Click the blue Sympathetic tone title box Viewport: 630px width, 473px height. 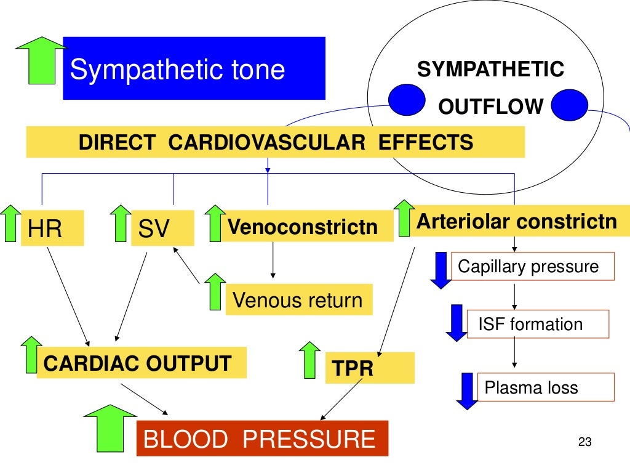(x=194, y=68)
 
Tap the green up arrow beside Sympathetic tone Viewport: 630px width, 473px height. (x=41, y=60)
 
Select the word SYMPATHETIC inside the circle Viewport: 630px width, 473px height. (x=490, y=70)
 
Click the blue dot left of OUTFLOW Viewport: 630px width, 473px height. (x=406, y=100)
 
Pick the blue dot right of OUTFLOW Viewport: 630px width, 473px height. (x=570, y=105)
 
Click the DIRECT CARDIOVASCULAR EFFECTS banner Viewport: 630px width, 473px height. (x=275, y=142)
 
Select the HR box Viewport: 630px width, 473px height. (x=52, y=228)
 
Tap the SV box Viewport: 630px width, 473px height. (x=162, y=228)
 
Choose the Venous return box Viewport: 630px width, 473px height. (x=298, y=300)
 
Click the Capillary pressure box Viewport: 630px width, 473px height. (x=532, y=267)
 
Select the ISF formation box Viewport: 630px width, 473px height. (x=536, y=324)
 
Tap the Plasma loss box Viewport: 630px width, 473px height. (x=545, y=387)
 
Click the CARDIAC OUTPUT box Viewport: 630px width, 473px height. (x=142, y=363)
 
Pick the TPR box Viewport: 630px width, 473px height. (x=369, y=368)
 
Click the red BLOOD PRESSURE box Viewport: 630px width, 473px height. (x=262, y=439)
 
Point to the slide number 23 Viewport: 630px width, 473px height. (x=584, y=442)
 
